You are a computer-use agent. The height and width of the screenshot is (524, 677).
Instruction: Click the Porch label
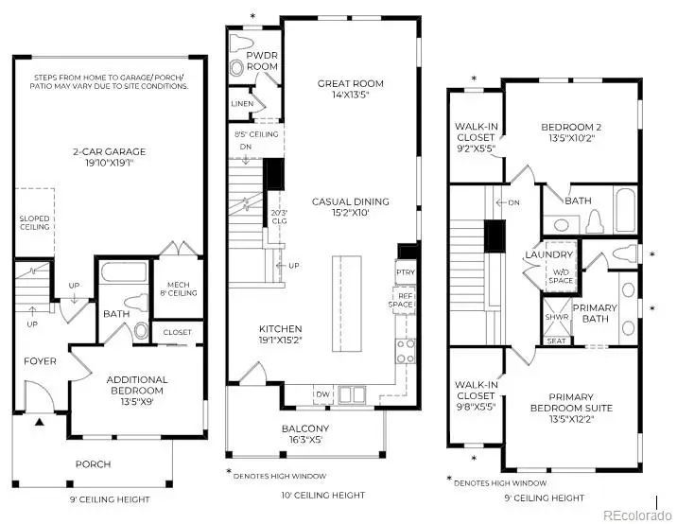click(93, 463)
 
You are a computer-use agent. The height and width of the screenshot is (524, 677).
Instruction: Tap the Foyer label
click(40, 360)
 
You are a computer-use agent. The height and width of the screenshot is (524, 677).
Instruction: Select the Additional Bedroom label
click(137, 385)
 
